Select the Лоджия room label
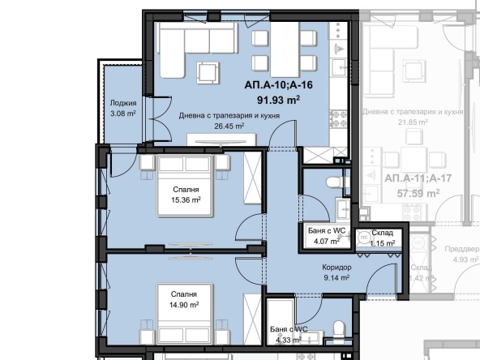pyautogui.click(x=122, y=104)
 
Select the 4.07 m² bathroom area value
pyautogui.click(x=328, y=242)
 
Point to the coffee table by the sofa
pyautogui.click(x=208, y=73)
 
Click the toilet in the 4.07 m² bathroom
pyautogui.click(x=332, y=181)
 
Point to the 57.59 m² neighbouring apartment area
pyautogui.click(x=416, y=194)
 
